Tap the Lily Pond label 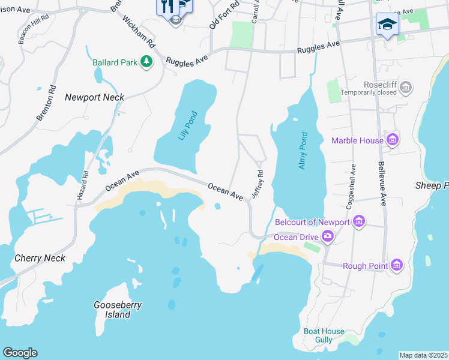click(187, 125)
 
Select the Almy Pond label click(303, 150)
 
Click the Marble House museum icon click(393, 140)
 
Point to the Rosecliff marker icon click(406, 88)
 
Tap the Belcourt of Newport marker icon click(359, 222)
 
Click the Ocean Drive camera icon click(327, 236)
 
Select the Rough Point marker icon click(396, 265)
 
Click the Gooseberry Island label click(118, 310)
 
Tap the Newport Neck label click(94, 97)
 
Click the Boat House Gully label click(324, 335)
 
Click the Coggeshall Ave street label click(351, 186)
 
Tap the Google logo click(20, 353)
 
